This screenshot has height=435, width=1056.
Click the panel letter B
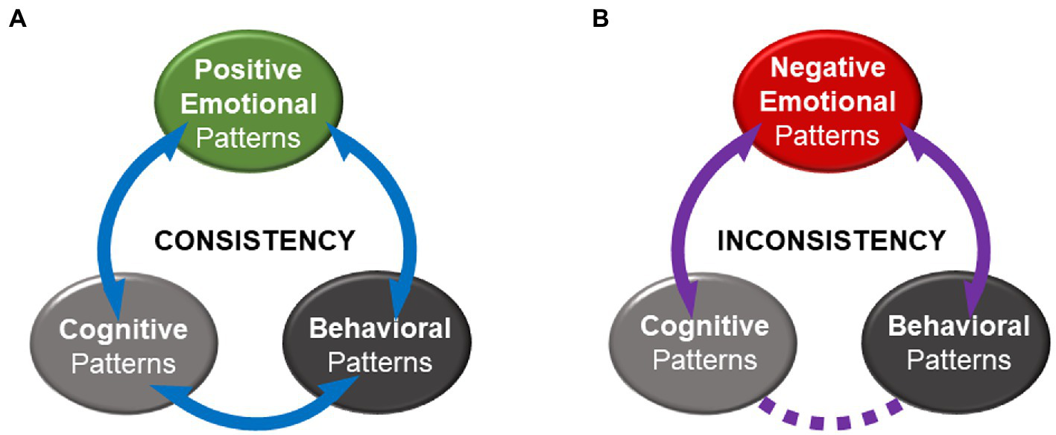(600, 19)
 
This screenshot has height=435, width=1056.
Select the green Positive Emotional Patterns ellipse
(249, 104)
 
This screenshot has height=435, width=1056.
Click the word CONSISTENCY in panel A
(254, 240)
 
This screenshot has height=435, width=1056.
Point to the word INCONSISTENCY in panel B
(831, 240)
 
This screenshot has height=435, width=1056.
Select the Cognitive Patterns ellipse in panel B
(704, 344)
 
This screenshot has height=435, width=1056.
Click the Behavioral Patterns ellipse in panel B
(958, 344)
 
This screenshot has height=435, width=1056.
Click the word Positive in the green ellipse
(247, 70)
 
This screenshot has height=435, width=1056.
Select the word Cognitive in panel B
(704, 326)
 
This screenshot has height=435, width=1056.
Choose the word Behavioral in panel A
(379, 328)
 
